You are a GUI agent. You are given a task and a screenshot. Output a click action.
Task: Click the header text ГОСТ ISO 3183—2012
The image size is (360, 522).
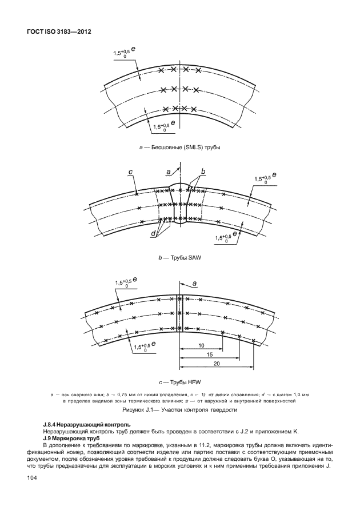tap(59, 32)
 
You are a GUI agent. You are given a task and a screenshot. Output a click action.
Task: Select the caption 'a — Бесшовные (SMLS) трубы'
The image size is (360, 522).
tap(180, 148)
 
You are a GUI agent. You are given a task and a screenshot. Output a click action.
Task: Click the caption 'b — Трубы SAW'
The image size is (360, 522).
tap(180, 258)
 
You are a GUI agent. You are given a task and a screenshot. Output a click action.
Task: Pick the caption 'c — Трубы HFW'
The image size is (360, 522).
tap(180, 381)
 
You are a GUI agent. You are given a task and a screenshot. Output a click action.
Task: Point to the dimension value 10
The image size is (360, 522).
tap(201, 346)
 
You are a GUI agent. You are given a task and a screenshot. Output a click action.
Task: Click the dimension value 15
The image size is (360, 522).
tap(210, 355)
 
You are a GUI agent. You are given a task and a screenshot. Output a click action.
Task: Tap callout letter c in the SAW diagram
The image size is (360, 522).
tap(131, 172)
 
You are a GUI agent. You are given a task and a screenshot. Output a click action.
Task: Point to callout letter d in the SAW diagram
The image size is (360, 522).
tap(154, 234)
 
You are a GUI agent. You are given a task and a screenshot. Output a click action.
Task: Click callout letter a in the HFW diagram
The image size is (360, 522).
tap(194, 283)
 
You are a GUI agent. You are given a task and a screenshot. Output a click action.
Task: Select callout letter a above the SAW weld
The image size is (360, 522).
tap(168, 172)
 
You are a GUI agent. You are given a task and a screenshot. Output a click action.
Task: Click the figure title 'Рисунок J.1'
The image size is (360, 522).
tap(180, 410)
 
